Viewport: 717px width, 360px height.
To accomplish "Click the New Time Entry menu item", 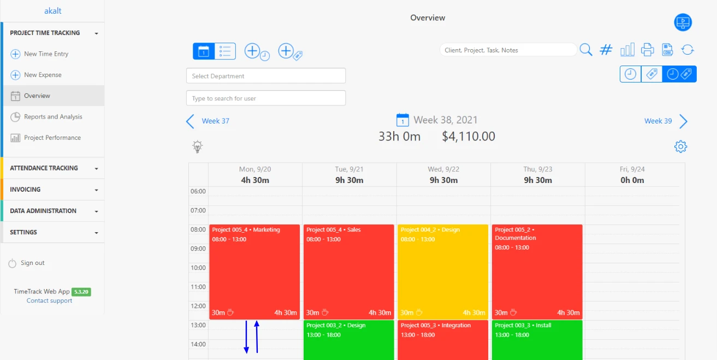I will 46,54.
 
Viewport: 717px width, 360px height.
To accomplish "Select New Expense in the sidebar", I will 43,75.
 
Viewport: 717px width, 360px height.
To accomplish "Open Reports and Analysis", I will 52,117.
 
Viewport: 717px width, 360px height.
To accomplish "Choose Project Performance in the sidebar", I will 52,138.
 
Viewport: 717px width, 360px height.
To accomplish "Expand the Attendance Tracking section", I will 53,168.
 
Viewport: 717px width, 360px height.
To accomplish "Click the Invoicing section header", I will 53,190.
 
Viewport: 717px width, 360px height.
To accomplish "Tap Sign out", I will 32,263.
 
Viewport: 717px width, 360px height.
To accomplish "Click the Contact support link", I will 49,301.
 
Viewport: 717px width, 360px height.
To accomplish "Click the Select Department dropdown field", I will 266,76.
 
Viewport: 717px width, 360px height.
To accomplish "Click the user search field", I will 266,98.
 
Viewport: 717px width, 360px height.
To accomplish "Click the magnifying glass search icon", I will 586,50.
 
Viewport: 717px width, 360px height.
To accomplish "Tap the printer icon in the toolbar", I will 647,50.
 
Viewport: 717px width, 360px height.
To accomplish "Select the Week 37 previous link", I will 215,121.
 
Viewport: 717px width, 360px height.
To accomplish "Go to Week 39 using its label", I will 658,121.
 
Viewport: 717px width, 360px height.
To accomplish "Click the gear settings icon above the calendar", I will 680,146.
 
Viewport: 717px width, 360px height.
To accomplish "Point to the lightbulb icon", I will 198,146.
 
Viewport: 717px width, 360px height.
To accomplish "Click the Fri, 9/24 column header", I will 632,175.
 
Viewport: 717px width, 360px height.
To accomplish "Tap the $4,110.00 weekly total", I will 469,137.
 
